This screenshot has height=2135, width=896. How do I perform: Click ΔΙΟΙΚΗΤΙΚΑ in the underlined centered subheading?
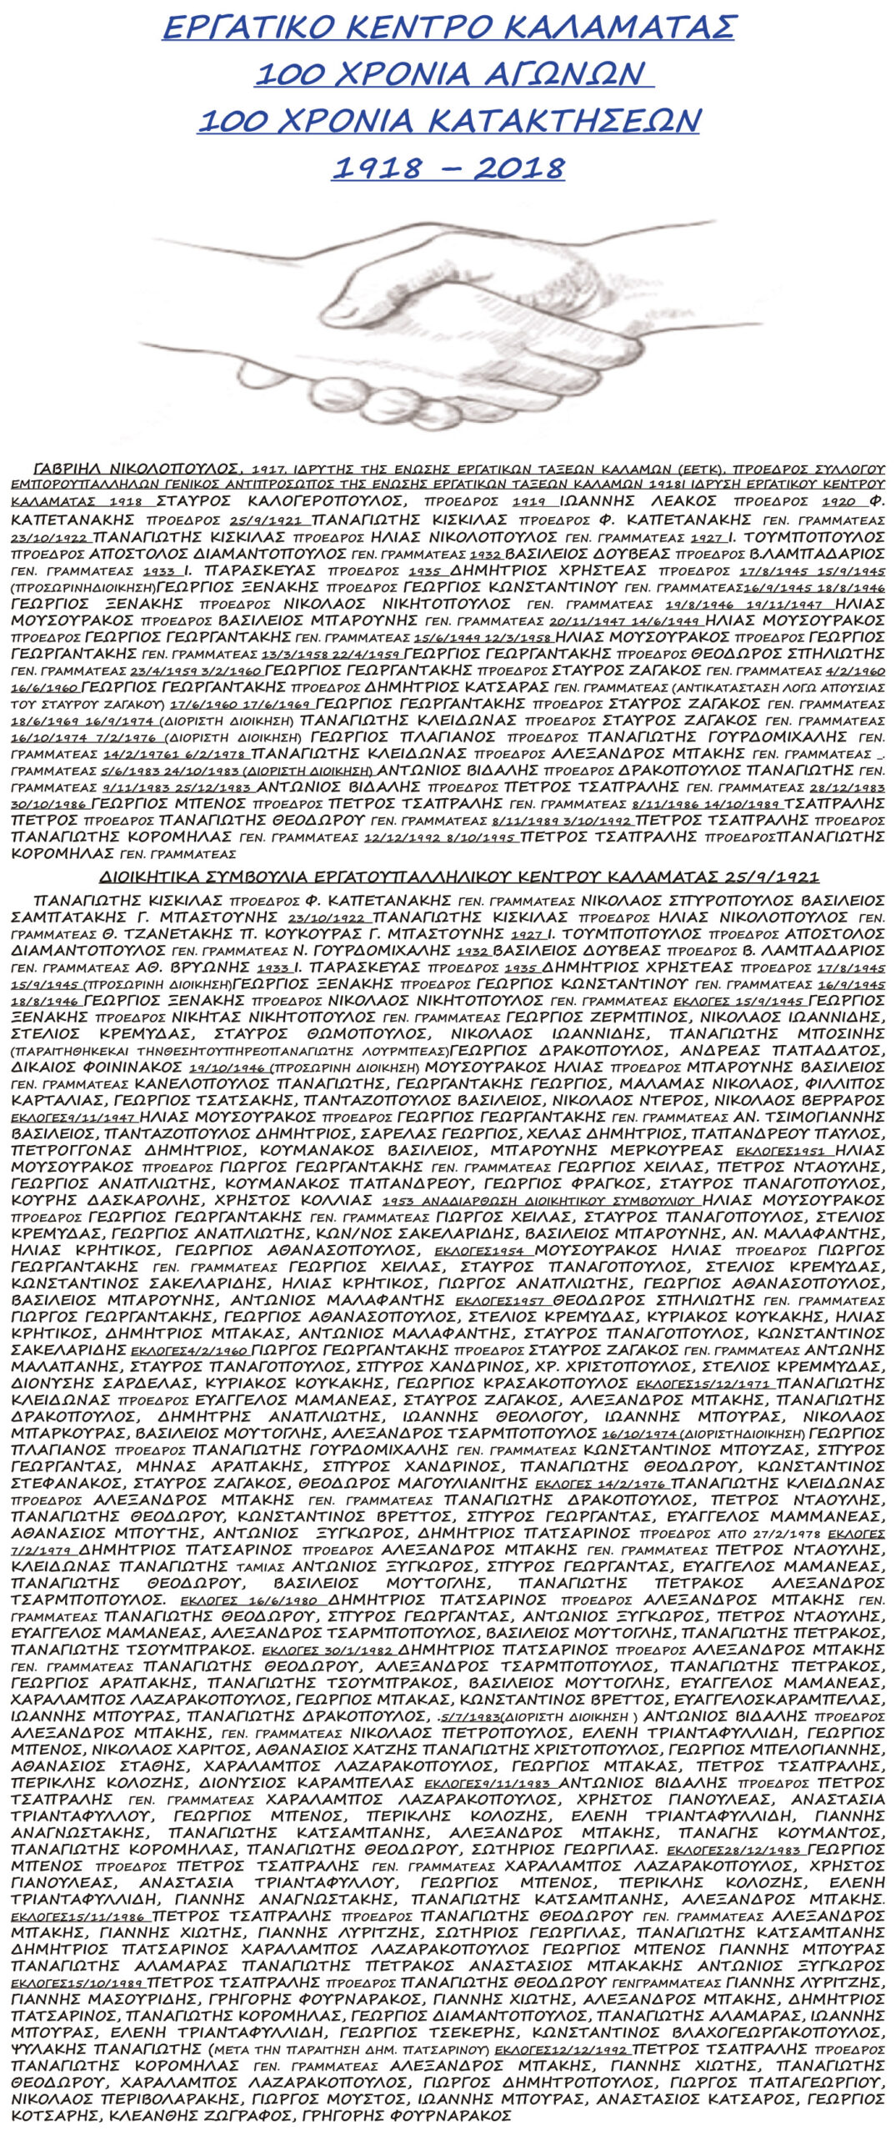pos(167,877)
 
